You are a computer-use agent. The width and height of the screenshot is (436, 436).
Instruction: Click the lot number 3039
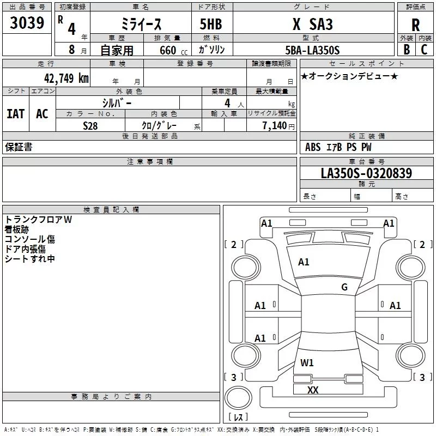click(x=27, y=23)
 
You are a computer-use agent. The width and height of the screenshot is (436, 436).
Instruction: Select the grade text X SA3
click(x=313, y=24)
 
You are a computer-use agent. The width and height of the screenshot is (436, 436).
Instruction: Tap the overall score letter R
click(x=415, y=25)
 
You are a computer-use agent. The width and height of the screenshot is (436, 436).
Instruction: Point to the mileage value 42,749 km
click(x=66, y=78)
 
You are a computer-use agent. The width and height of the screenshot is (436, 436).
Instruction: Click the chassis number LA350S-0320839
click(x=366, y=173)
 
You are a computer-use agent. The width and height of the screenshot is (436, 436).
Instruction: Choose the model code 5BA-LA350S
click(x=312, y=50)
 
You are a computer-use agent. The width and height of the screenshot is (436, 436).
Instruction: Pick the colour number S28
click(x=90, y=126)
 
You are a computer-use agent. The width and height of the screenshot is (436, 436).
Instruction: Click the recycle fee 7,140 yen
click(x=278, y=126)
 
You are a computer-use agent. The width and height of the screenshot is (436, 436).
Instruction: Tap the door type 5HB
click(x=211, y=24)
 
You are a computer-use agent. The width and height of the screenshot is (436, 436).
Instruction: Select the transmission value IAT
click(x=16, y=114)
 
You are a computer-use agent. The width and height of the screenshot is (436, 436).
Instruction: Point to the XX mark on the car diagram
click(x=313, y=390)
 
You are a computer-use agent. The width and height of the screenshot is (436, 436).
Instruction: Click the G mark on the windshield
click(x=344, y=287)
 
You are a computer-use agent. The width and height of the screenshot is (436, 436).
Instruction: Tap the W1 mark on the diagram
click(x=307, y=362)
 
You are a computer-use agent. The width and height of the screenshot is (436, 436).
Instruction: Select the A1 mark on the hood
click(x=304, y=262)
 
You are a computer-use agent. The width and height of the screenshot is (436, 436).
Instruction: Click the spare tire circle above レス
click(x=238, y=397)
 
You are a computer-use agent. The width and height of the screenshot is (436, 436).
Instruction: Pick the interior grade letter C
click(x=424, y=50)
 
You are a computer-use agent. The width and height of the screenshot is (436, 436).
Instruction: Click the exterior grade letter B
click(x=407, y=50)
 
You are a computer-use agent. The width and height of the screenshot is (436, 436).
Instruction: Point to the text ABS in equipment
click(x=313, y=147)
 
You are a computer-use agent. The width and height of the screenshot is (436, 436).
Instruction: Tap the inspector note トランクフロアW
click(x=38, y=220)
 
